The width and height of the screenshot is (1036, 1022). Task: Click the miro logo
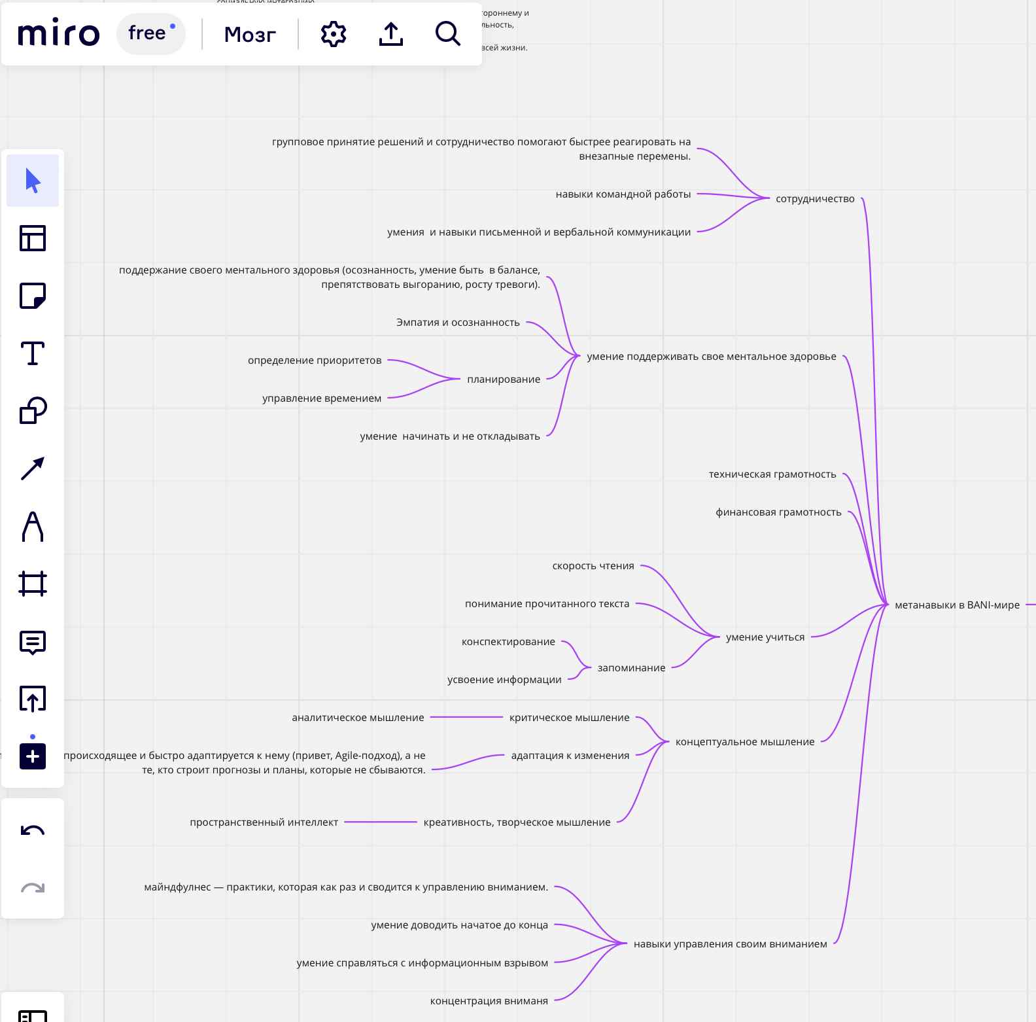coord(59,33)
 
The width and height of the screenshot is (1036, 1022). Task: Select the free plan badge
coord(151,33)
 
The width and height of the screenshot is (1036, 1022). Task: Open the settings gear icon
coord(334,34)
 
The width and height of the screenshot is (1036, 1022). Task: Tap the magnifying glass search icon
coord(448,33)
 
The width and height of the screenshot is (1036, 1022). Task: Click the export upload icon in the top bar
coord(391,34)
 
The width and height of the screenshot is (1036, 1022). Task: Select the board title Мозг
coord(250,34)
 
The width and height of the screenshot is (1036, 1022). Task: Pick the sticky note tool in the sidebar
coord(33,296)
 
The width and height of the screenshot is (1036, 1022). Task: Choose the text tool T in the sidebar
coord(33,353)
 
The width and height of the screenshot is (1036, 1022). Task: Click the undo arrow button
coord(33,831)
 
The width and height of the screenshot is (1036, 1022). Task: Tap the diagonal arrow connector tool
coord(33,468)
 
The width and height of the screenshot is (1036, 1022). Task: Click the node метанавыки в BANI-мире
coord(957,605)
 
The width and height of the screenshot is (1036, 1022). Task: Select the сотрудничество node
coord(815,199)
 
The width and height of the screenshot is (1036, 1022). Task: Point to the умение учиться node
coord(765,637)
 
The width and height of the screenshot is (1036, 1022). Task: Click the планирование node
coord(504,379)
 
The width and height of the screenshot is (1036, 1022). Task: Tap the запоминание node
coord(631,668)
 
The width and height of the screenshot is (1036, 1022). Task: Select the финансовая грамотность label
coord(778,512)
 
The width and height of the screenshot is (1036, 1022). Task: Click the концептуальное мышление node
coord(745,742)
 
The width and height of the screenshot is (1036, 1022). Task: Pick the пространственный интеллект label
coord(264,822)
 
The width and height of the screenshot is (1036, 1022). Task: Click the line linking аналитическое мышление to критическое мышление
coord(466,718)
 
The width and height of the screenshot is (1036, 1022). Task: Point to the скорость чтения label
coord(593,566)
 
